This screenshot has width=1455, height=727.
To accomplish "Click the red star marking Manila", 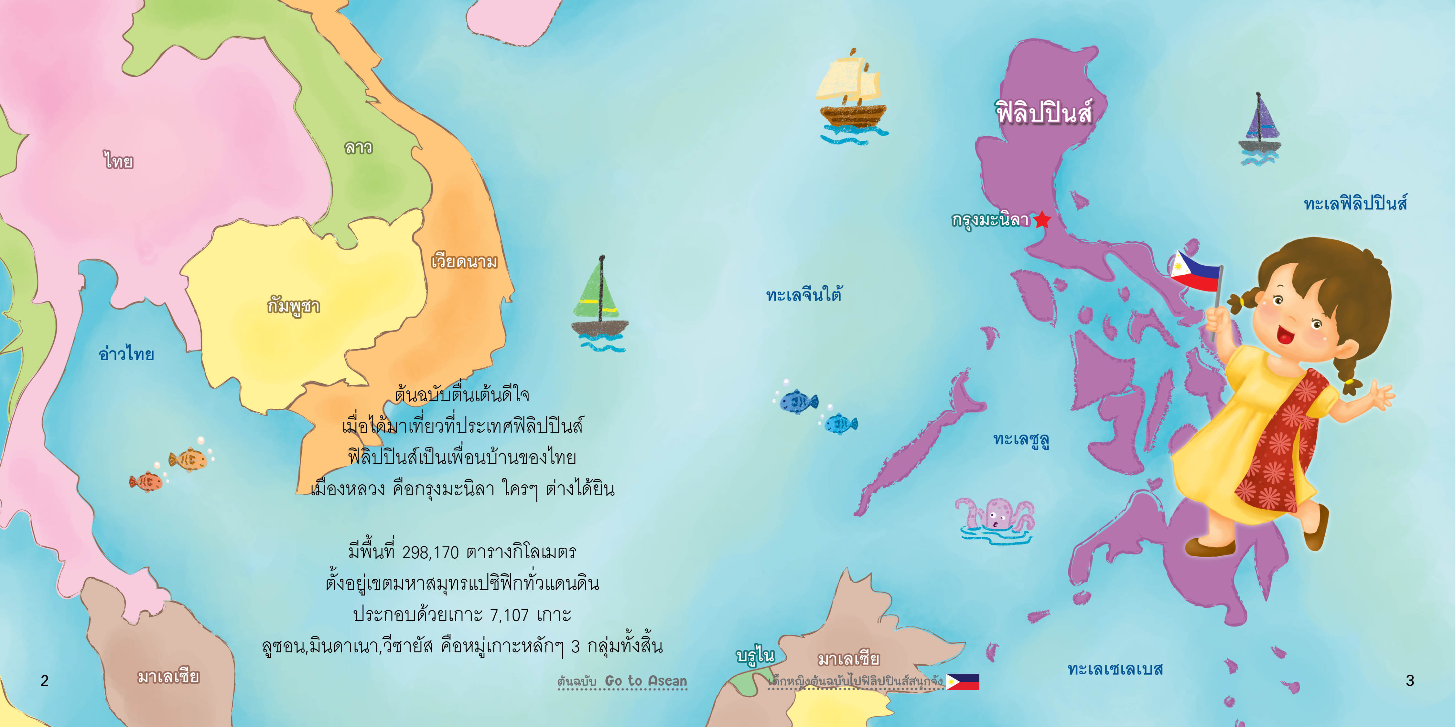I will coord(1042,220).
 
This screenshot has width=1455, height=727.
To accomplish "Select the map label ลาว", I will coord(359,148).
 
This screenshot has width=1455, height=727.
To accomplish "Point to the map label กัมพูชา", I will coord(294,307).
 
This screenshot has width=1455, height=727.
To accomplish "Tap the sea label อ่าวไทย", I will coord(126,354).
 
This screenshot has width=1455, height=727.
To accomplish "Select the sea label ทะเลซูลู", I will coord(1021,440).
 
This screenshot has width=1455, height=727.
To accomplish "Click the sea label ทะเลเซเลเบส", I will coord(1115,669).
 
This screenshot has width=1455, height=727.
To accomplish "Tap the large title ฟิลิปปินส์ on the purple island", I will coord(1044,113).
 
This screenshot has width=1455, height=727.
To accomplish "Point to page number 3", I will coord(1410,681).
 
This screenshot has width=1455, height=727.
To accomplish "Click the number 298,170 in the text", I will coord(430,552).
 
